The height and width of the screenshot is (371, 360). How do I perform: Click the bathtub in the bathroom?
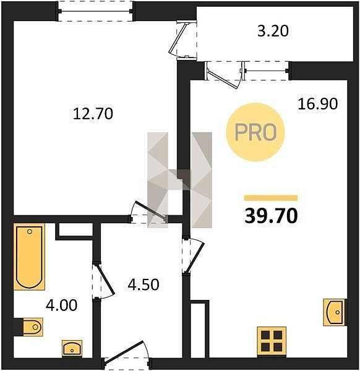[29, 257]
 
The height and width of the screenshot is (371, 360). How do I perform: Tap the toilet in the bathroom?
[32, 327]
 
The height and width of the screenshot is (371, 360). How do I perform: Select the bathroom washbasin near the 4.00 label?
[72, 349]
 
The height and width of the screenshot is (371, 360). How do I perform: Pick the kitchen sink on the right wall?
[335, 312]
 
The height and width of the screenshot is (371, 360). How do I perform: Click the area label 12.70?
[93, 114]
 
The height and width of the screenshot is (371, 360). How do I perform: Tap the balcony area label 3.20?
[273, 32]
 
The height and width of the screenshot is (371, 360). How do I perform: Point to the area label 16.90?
[318, 104]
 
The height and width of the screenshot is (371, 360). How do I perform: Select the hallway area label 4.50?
[144, 284]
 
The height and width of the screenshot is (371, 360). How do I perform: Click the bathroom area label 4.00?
[61, 305]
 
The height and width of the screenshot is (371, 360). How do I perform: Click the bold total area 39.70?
[271, 216]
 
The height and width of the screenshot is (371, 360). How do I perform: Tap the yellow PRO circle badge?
[255, 132]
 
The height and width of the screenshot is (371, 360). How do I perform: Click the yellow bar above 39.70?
[271, 198]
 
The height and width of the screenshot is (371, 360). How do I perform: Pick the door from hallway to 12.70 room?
[148, 211]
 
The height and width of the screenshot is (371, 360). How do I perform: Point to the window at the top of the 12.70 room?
[96, 11]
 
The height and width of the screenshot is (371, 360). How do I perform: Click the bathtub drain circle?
[30, 232]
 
